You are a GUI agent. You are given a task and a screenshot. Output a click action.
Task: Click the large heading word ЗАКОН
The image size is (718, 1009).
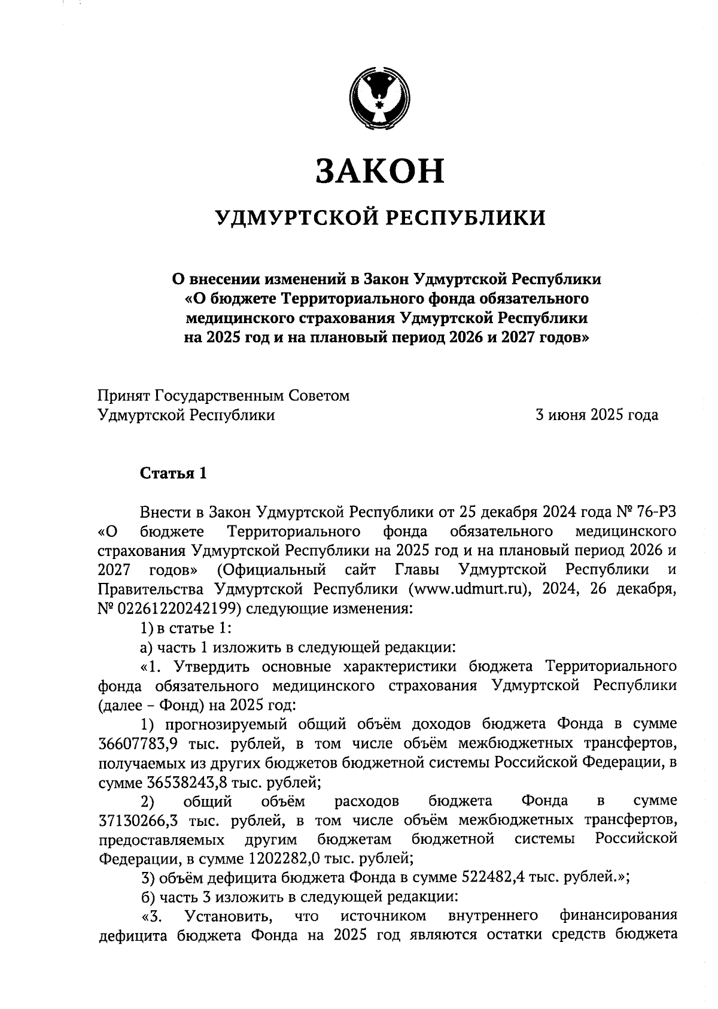(x=380, y=171)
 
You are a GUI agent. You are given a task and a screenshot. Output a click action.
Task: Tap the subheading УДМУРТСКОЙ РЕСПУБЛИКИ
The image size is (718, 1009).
(x=381, y=218)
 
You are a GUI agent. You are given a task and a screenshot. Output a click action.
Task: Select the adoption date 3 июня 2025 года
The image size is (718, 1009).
(x=597, y=415)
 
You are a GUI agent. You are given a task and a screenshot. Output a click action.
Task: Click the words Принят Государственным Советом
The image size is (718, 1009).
(x=223, y=396)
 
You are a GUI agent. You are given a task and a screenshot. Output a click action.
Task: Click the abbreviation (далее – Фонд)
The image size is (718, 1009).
(x=150, y=704)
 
